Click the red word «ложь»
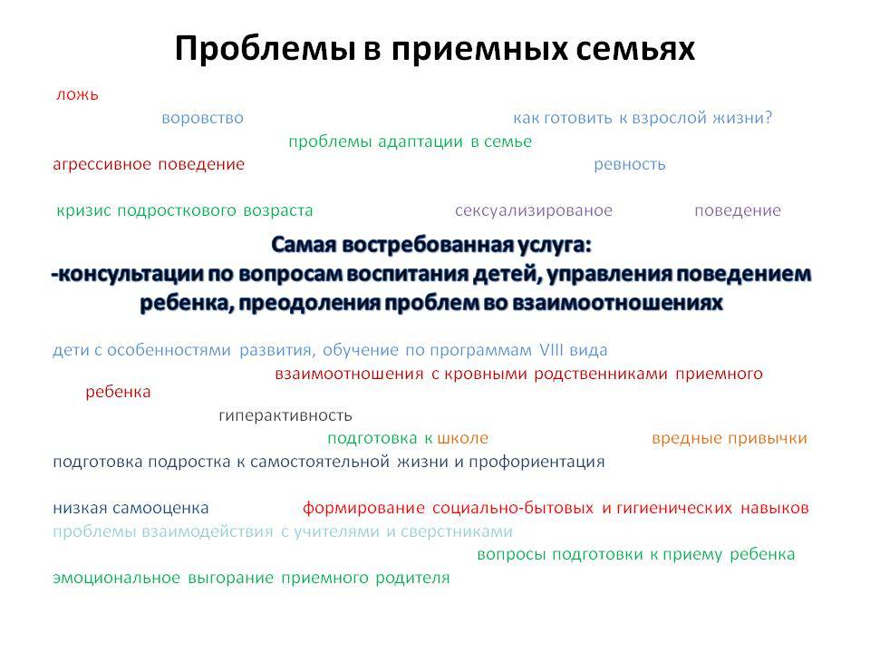[x=77, y=95]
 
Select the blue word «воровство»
[x=202, y=118]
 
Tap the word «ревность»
[x=630, y=165]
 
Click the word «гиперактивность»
[x=285, y=416]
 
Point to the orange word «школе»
[x=463, y=439]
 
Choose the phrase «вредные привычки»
[x=730, y=439]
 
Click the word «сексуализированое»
[x=534, y=211]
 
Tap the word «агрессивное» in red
[x=101, y=165]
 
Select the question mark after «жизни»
[x=768, y=118]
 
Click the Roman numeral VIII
[x=552, y=350]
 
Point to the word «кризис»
[x=83, y=211]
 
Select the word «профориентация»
[x=536, y=463]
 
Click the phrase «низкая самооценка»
[x=130, y=508]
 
